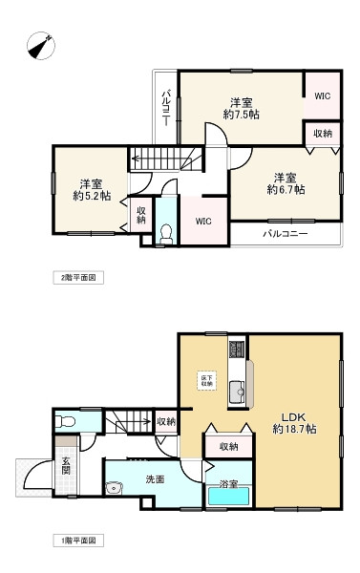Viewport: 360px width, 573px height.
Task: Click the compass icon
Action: click(x=42, y=45)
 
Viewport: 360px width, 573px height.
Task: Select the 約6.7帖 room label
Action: click(x=285, y=183)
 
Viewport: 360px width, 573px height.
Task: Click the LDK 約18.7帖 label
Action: click(x=293, y=423)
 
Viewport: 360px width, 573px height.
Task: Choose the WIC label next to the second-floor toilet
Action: click(x=203, y=222)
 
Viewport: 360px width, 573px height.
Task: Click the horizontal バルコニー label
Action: click(x=286, y=233)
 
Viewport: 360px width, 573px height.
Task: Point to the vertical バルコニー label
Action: click(x=165, y=108)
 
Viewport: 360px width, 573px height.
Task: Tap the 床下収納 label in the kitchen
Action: click(x=206, y=380)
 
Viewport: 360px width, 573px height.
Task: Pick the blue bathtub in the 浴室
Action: click(x=228, y=498)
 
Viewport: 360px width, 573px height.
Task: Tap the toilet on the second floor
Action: click(x=165, y=232)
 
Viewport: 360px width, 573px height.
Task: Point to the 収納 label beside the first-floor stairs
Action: click(x=166, y=421)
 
